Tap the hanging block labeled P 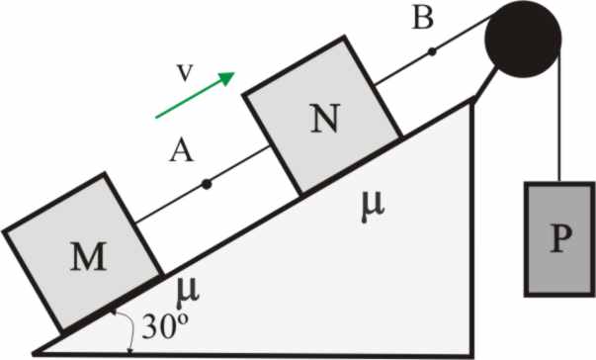point(559,239)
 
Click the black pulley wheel point(523,40)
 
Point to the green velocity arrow point(196,95)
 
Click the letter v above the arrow point(185,72)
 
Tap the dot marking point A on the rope point(207,184)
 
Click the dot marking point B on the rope point(432,51)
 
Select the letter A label point(181,150)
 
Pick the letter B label point(422,18)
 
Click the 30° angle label point(165,325)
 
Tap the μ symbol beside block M point(188,293)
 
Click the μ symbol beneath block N point(373,207)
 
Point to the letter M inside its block point(89,256)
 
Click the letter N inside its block point(324,119)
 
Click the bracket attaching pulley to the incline point(484,84)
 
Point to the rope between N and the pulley point(434,50)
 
